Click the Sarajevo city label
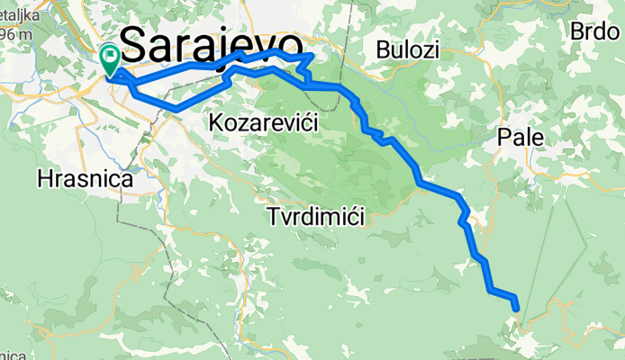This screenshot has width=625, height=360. coord(210,45)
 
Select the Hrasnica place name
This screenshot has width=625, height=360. coord(85,179)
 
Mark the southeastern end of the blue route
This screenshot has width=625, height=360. coord(517,309)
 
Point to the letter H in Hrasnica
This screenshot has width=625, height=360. coord(45,179)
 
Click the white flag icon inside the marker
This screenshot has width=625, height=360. coord(111,57)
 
